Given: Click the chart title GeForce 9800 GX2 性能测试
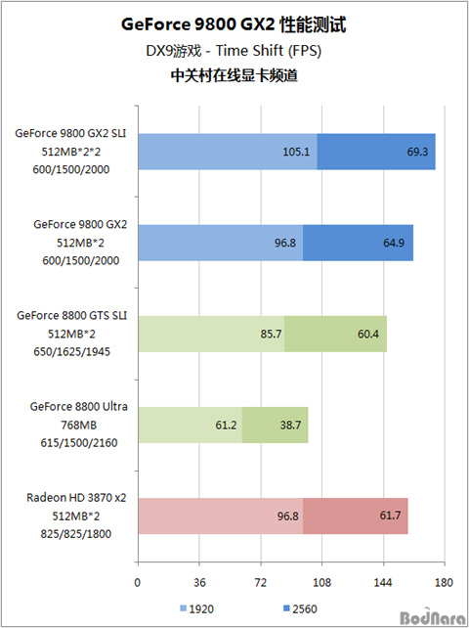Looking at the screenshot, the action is pyautogui.click(x=234, y=24).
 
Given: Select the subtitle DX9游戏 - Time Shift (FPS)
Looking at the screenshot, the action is pyautogui.click(x=234, y=51).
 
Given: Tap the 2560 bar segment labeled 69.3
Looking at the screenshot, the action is pyautogui.click(x=376, y=152).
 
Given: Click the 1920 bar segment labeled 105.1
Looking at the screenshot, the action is pyautogui.click(x=228, y=152).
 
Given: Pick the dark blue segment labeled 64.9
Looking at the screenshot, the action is pyautogui.click(x=359, y=243).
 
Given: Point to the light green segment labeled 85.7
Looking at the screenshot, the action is pyautogui.click(x=211, y=334).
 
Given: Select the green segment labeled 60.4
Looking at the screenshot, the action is pyautogui.click(x=336, y=334).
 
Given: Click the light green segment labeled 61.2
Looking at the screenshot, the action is pyautogui.click(x=191, y=425).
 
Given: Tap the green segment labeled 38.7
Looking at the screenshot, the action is pyautogui.click(x=276, y=425).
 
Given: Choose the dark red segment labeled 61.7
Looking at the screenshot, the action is pyautogui.click(x=356, y=516).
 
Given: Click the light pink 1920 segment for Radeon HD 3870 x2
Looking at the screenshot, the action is pyautogui.click(x=221, y=516).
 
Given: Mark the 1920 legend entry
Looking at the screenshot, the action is pyautogui.click(x=197, y=609).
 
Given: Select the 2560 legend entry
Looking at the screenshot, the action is pyautogui.click(x=300, y=609).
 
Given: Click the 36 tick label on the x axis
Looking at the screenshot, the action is pyautogui.click(x=199, y=582).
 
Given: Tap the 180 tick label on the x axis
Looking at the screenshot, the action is pyautogui.click(x=445, y=582).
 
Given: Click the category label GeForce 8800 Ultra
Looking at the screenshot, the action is pyautogui.click(x=79, y=407).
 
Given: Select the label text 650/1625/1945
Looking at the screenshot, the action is pyautogui.click(x=72, y=351).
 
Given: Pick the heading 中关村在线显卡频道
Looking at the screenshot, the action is pyautogui.click(x=234, y=75).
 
